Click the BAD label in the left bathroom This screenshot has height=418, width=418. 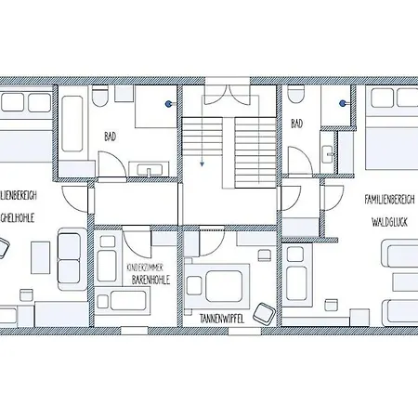(110, 137)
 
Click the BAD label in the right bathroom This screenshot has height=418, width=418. (297, 124)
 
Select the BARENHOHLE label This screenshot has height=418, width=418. (150, 279)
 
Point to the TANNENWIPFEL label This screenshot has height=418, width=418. (223, 318)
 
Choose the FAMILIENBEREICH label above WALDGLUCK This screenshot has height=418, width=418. (391, 199)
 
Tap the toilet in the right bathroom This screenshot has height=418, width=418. (295, 95)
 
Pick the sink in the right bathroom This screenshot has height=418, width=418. (327, 158)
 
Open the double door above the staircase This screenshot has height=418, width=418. (224, 95)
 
